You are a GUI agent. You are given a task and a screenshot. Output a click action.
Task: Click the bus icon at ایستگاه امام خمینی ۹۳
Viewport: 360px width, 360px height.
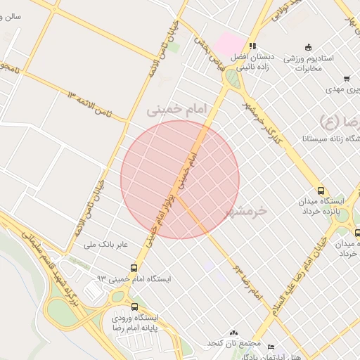point(134,268)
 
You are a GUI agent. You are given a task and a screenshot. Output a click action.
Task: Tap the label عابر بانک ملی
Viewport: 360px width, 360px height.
point(106,245)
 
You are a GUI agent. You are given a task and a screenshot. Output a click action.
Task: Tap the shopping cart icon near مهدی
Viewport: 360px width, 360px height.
point(346,79)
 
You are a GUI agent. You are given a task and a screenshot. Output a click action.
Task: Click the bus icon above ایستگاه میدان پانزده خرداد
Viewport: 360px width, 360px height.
point(321,191)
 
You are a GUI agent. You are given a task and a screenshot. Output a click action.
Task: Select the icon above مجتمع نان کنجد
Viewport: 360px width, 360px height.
point(233,333)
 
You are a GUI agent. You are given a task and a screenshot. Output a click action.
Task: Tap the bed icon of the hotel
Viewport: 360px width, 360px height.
point(271,347)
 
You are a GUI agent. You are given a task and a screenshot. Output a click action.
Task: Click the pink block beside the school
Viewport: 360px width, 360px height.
point(227,43)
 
